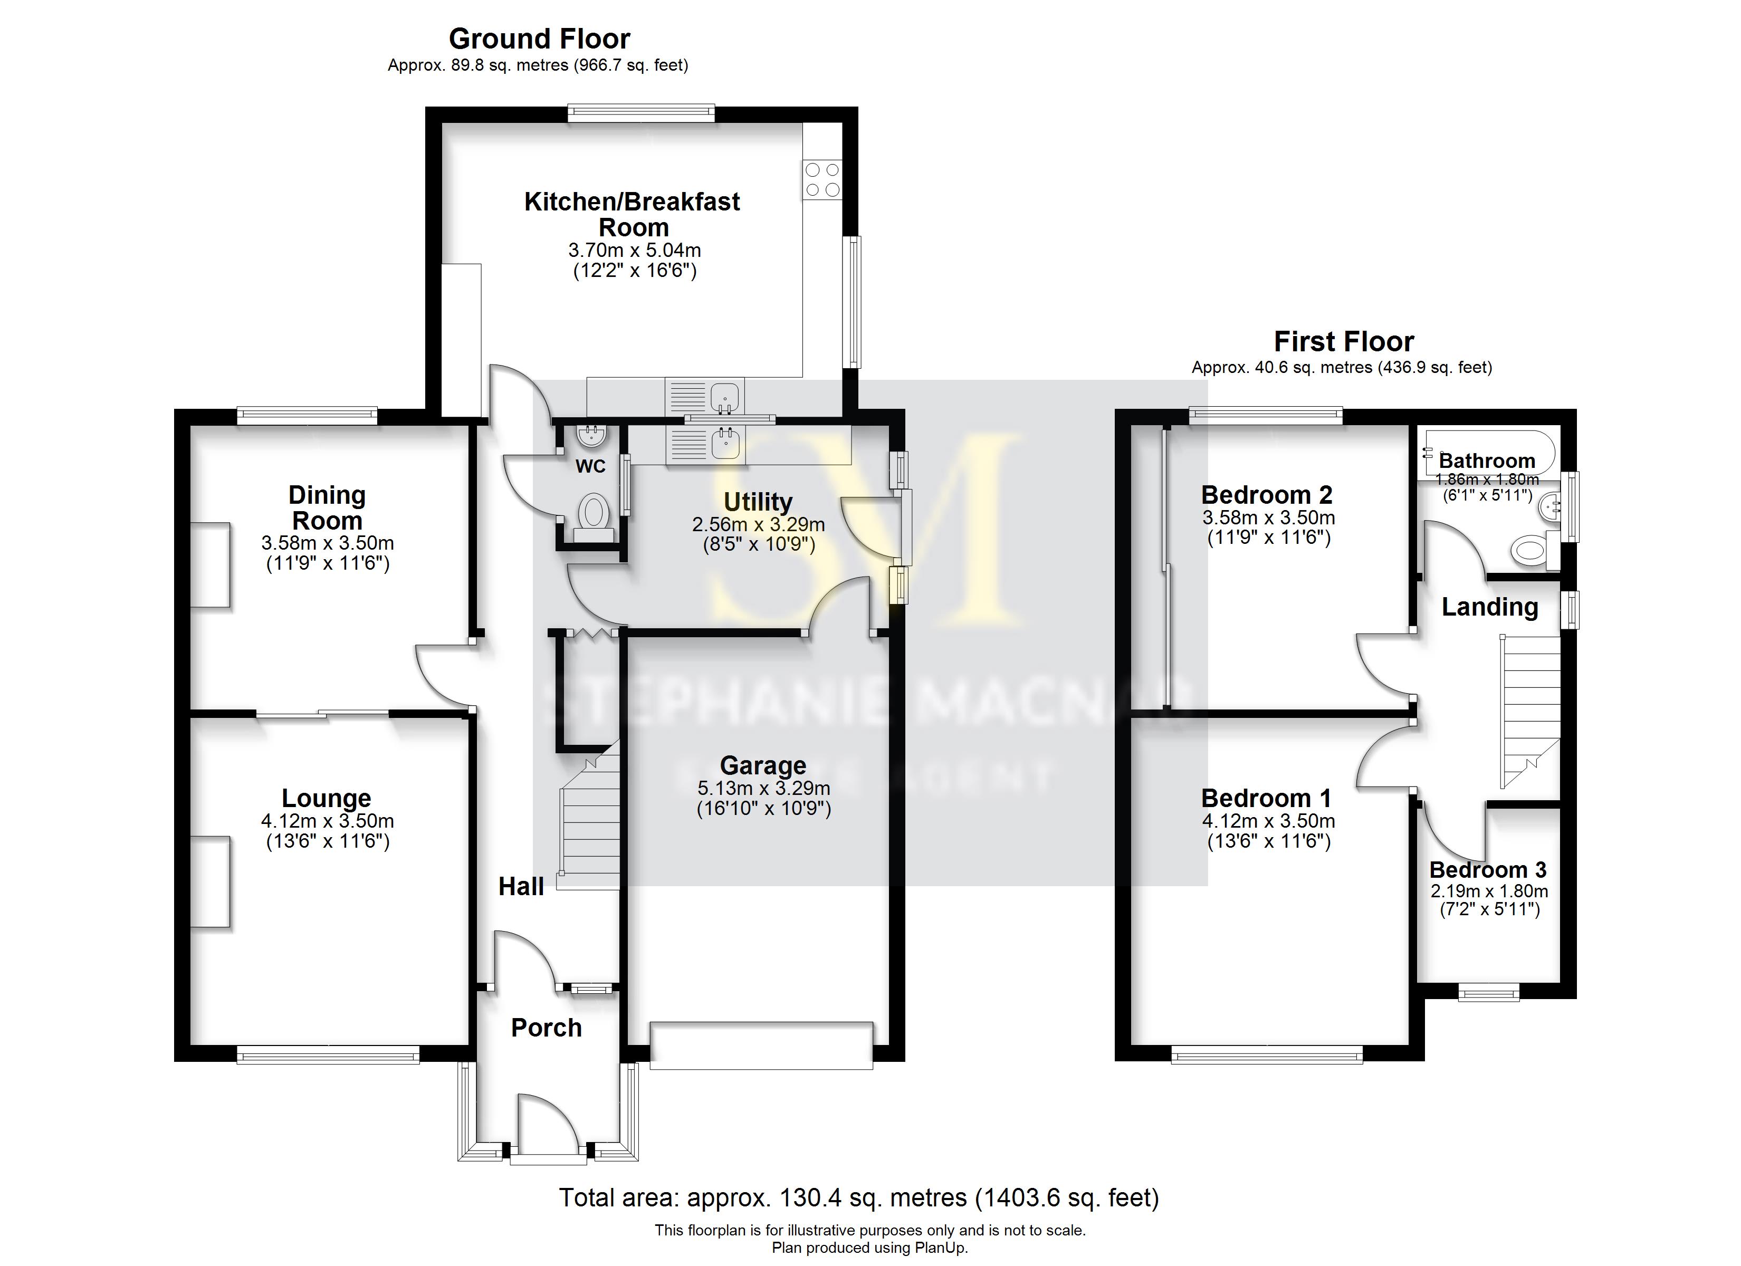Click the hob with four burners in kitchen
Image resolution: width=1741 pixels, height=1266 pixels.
click(x=822, y=179)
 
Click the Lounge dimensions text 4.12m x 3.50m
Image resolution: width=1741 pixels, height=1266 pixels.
click(x=327, y=821)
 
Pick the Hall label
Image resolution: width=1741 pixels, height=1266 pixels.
click(x=521, y=887)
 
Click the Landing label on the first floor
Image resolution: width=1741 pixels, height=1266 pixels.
click(x=1489, y=607)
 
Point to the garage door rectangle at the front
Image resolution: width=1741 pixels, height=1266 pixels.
click(x=761, y=1045)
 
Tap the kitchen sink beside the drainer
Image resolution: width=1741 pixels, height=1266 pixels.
click(x=725, y=397)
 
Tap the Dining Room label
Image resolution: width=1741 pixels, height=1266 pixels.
click(x=327, y=507)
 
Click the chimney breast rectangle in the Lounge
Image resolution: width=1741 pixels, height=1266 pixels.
click(x=211, y=882)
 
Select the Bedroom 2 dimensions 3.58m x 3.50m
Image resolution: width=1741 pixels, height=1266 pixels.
click(x=1268, y=517)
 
